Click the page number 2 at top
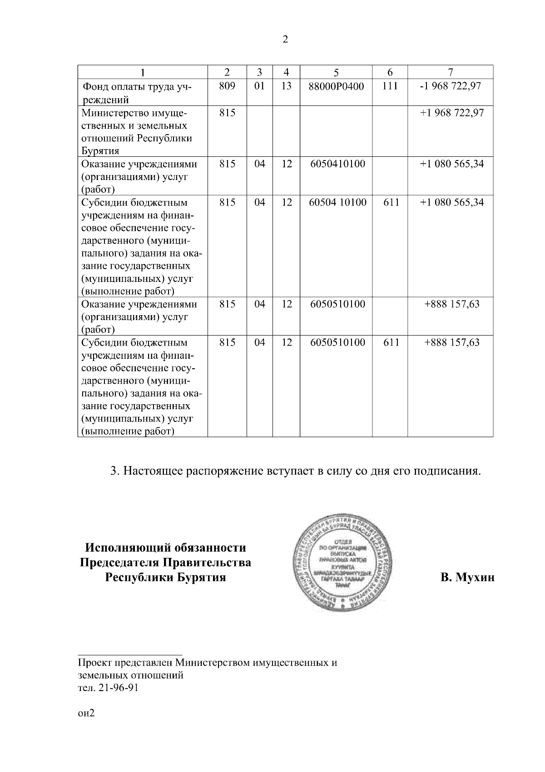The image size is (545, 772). (285, 40)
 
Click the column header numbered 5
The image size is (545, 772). (336, 72)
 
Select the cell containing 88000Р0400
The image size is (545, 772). (336, 86)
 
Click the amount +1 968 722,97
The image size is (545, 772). (451, 112)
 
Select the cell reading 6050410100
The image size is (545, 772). (337, 164)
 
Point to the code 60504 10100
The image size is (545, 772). (337, 202)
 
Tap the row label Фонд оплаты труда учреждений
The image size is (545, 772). (136, 93)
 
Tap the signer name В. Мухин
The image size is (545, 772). (467, 578)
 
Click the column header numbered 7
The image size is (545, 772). (450, 72)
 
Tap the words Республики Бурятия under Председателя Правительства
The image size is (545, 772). (165, 578)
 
